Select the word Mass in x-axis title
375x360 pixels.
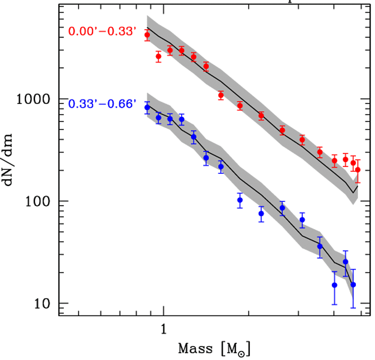click(195, 349)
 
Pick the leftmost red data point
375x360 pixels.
click(147, 35)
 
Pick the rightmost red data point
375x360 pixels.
click(358, 170)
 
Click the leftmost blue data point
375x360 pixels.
click(147, 107)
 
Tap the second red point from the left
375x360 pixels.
click(158, 56)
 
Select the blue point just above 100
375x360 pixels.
click(240, 200)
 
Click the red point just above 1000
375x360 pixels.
click(221, 95)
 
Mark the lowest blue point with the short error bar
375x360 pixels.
click(334, 285)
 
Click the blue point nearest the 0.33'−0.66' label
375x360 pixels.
click(147, 107)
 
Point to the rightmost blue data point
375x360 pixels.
click(353, 284)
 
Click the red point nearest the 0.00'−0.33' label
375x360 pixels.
click(147, 35)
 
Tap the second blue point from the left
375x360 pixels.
click(158, 117)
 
